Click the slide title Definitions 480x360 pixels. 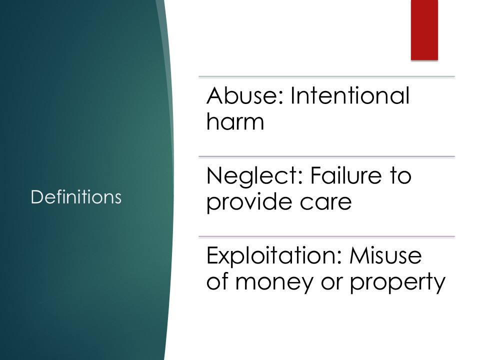click(x=76, y=197)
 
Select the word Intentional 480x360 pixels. click(x=350, y=95)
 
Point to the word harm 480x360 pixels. click(x=235, y=121)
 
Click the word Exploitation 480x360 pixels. click(x=274, y=257)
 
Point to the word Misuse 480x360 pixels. click(x=385, y=255)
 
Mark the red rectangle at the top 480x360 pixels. click(x=424, y=29)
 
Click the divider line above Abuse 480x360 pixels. click(x=326, y=76)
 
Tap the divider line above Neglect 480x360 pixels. click(x=326, y=156)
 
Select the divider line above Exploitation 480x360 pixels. click(x=326, y=236)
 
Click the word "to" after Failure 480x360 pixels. click(x=400, y=176)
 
